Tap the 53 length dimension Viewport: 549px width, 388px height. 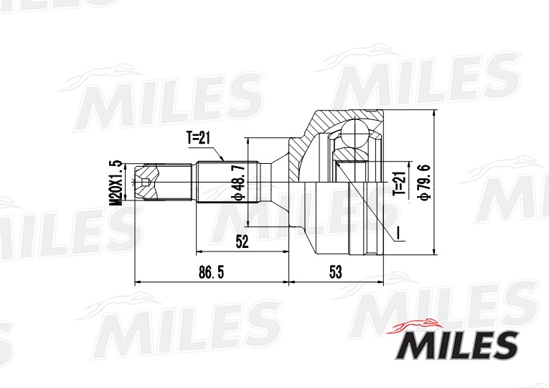334,272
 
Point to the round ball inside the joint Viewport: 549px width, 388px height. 352,132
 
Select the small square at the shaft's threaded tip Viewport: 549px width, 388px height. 146,182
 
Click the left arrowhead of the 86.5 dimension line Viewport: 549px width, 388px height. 139,283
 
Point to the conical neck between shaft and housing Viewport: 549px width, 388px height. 280,183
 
